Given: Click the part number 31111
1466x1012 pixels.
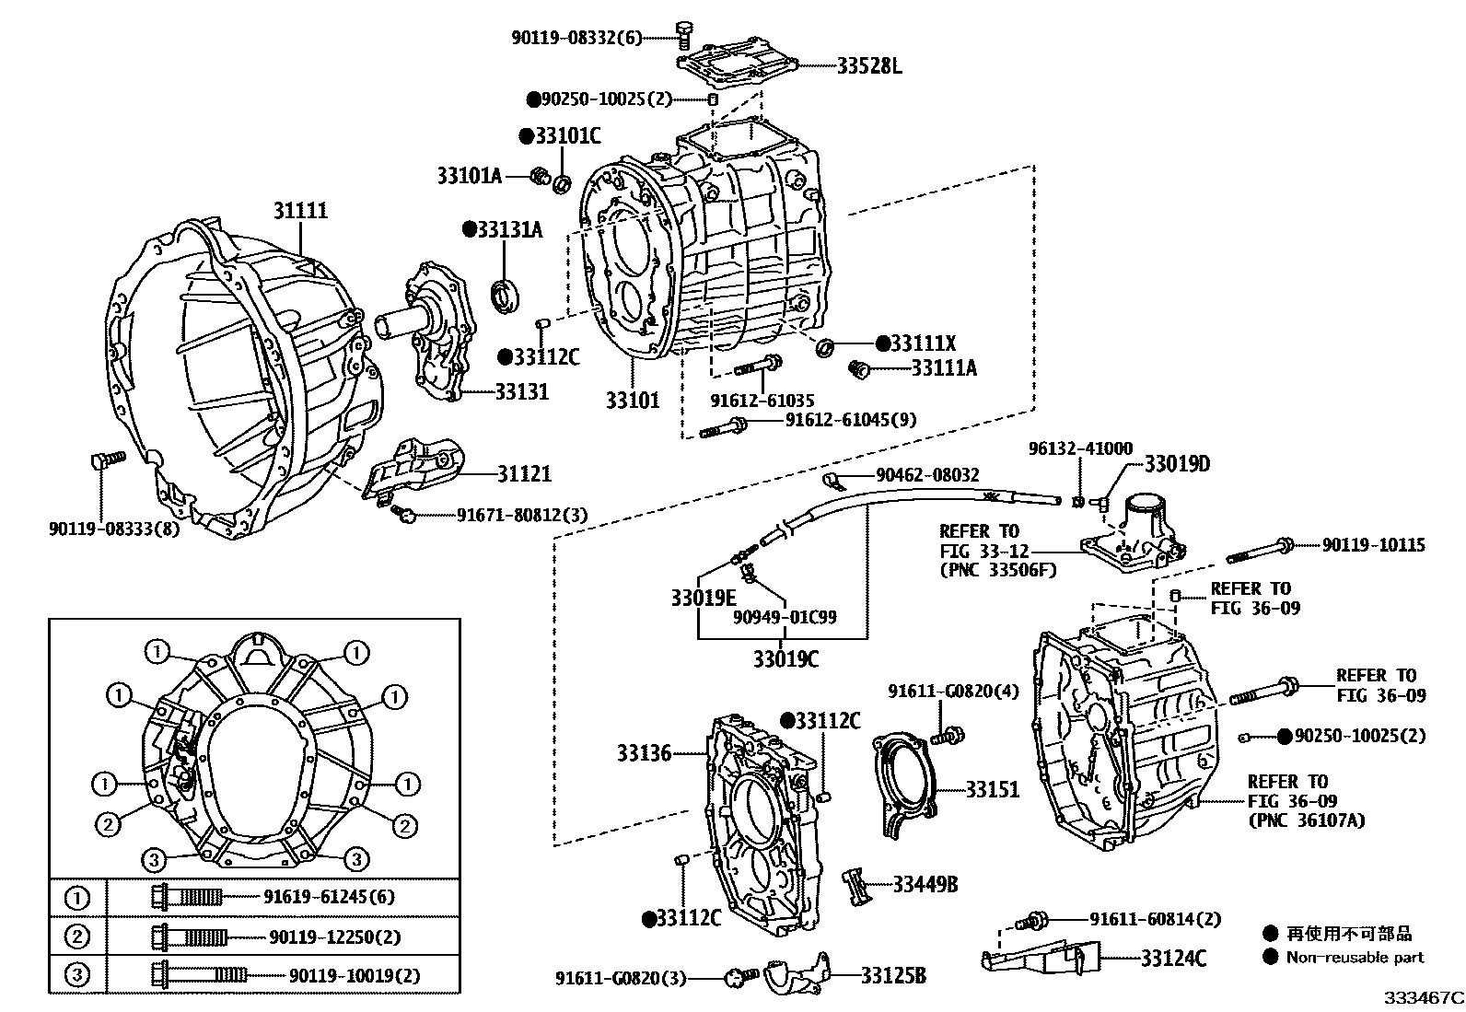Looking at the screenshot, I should pos(300,211).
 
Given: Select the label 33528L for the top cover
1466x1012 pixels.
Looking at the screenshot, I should pos(869,65).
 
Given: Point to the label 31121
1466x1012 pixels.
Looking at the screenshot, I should pos(524,473).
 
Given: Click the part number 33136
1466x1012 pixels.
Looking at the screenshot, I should pos(644,753).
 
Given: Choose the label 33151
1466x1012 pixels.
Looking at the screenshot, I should pos(993,789).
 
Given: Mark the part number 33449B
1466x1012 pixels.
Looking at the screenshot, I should pos(925,884).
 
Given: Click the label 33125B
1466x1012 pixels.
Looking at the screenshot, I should pos(893,975).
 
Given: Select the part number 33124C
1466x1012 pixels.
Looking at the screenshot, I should pos(1173,959).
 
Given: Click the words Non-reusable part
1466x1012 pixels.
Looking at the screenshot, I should pos(1355,957).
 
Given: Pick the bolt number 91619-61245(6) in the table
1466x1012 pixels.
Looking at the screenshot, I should pos(329,896).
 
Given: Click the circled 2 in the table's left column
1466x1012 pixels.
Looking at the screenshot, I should pos(78,936).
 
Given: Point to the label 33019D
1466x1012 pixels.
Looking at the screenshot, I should pos(1177,463).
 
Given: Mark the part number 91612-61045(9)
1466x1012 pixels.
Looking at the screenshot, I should pos(850,419).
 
